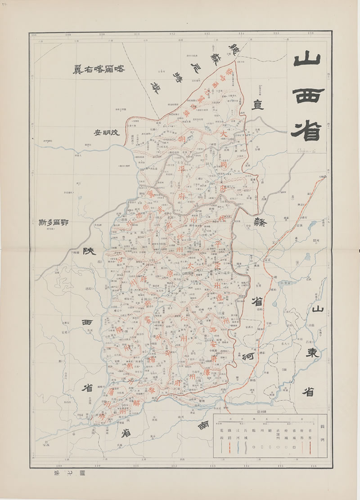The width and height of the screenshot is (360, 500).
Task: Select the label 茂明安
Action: tap(107, 133)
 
